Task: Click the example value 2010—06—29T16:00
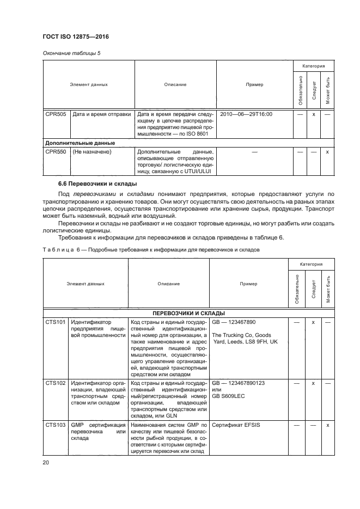[246, 115]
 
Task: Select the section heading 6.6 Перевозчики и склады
[97, 183]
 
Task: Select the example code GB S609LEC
[229, 397]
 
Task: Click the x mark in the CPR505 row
[314, 115]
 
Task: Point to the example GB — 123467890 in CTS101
[233, 323]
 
